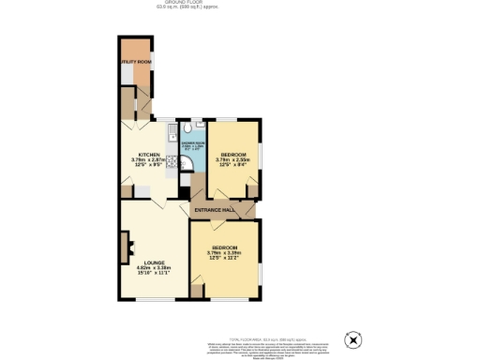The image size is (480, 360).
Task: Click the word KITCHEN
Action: pos(150,154)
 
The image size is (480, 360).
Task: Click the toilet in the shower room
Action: pos(189,127)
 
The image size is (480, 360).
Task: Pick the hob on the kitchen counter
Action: pos(172,160)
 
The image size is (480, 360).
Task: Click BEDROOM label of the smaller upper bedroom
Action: pos(231,154)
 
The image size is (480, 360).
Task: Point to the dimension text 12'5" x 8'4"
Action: pos(231,165)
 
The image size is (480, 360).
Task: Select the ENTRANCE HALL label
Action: pos(214,210)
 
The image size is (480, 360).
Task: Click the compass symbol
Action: pos(352,340)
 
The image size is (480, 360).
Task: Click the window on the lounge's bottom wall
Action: pos(150,300)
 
